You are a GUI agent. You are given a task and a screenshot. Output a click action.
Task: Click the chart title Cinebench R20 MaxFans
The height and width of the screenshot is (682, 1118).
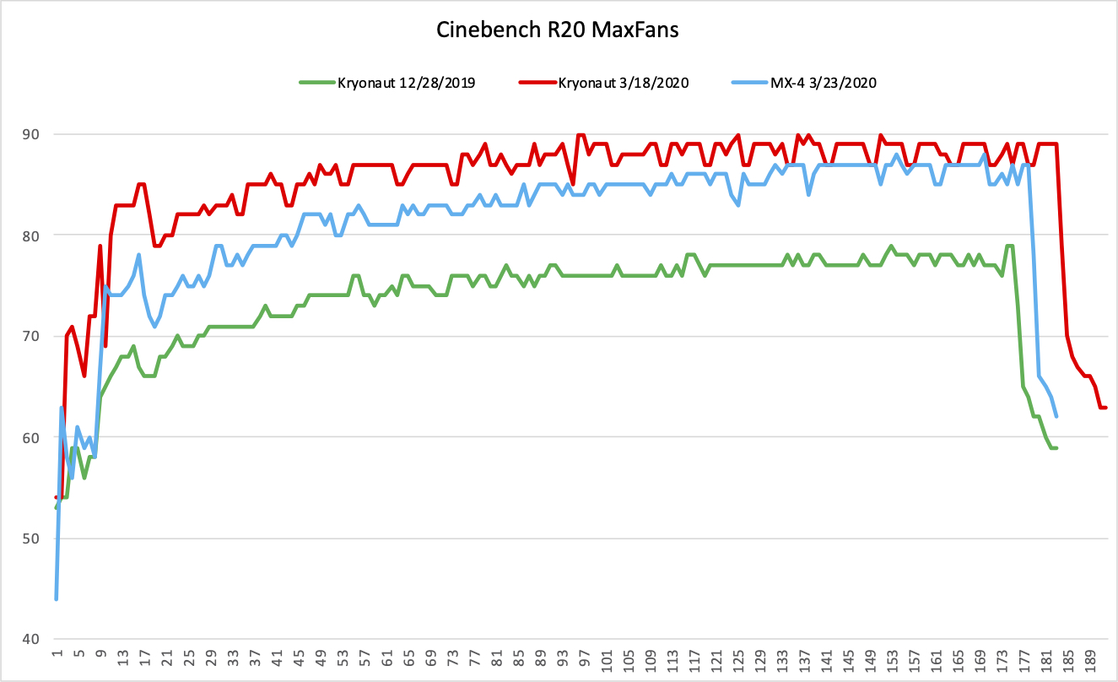pos(558,30)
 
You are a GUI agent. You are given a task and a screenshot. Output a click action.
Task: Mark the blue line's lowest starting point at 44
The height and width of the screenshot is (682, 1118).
pos(56,599)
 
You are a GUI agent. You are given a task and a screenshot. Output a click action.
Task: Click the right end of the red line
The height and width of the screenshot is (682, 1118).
pos(1104,408)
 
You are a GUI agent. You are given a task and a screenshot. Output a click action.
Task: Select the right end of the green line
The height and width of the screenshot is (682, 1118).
pos(1056,447)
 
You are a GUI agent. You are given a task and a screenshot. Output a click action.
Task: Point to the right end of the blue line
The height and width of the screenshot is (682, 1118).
pos(1056,417)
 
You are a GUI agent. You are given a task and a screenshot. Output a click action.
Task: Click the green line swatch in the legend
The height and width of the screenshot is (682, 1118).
pos(316,83)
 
